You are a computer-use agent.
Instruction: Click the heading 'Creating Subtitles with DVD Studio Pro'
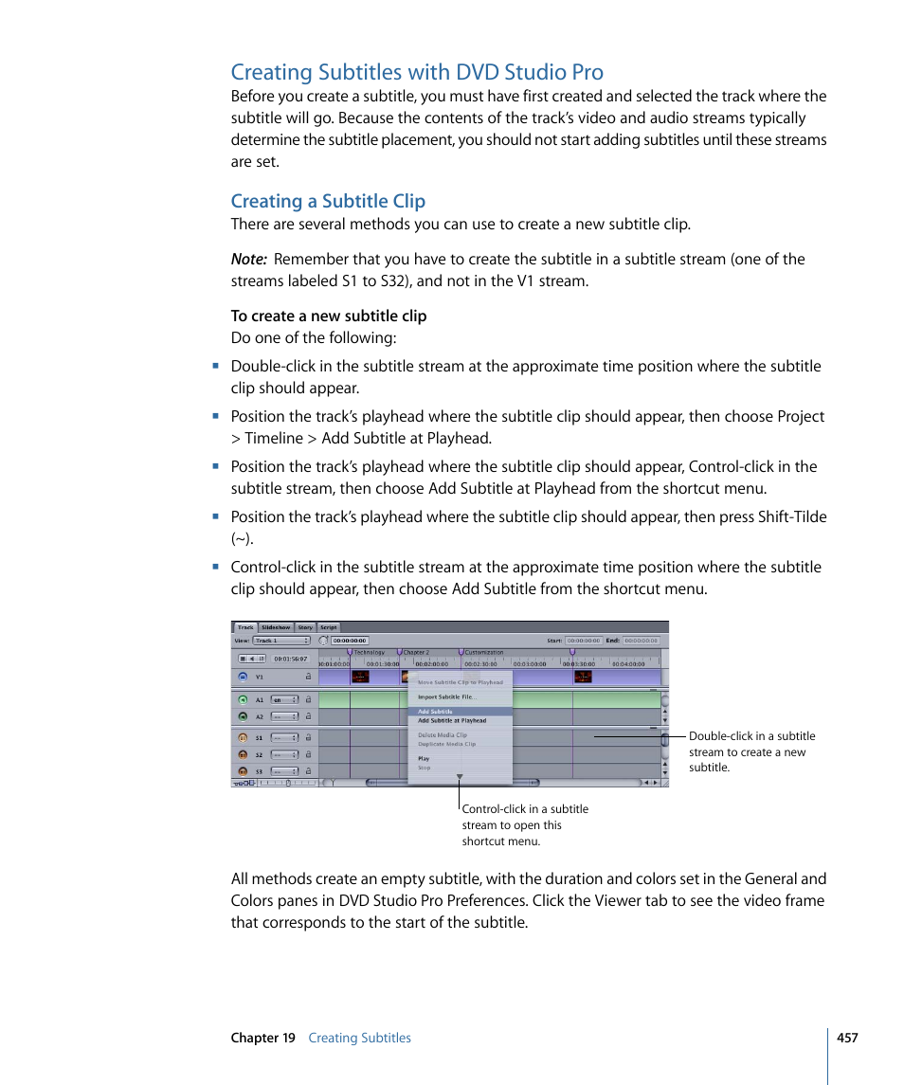[417, 72]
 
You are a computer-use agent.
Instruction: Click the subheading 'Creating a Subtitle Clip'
[328, 201]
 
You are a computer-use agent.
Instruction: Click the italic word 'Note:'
[248, 260]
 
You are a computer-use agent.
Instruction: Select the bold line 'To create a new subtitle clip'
[329, 316]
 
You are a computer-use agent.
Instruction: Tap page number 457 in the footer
[847, 1038]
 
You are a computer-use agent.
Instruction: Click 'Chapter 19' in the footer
[262, 1038]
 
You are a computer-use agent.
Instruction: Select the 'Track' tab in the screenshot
[245, 627]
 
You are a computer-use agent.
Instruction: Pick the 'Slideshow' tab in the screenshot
[276, 627]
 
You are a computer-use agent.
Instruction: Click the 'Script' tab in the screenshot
[328, 627]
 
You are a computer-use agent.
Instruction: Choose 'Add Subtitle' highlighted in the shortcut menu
[436, 711]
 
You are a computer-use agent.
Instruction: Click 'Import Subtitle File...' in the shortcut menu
[447, 696]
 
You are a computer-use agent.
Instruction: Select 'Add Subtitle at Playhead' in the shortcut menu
[452, 720]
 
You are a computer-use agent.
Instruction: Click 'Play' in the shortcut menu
[424, 758]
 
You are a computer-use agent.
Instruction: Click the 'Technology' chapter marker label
[370, 652]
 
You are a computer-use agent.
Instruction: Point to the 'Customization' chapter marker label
[484, 652]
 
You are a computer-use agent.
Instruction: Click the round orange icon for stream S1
[243, 737]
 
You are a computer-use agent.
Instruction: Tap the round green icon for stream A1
[243, 700]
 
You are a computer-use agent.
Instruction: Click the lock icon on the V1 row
[307, 678]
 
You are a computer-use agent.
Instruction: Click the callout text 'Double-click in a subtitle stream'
[751, 736]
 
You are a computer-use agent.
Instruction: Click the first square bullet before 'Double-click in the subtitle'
[216, 366]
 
